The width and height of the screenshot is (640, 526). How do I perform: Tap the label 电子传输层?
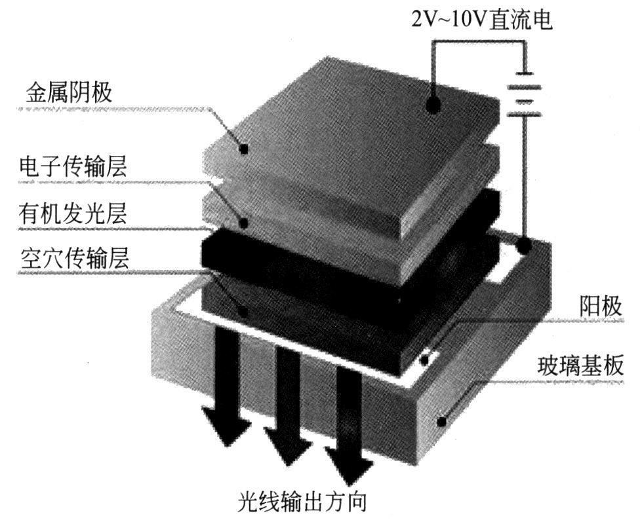point(73,166)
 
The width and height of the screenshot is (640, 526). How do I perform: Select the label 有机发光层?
point(72,214)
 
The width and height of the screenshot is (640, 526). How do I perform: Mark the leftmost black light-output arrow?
point(224,386)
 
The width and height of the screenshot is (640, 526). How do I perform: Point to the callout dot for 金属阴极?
point(245,149)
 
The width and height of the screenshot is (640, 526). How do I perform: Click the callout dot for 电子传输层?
point(244,223)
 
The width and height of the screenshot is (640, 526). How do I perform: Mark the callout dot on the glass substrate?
point(444,423)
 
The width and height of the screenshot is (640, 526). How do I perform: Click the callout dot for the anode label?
point(426,359)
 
